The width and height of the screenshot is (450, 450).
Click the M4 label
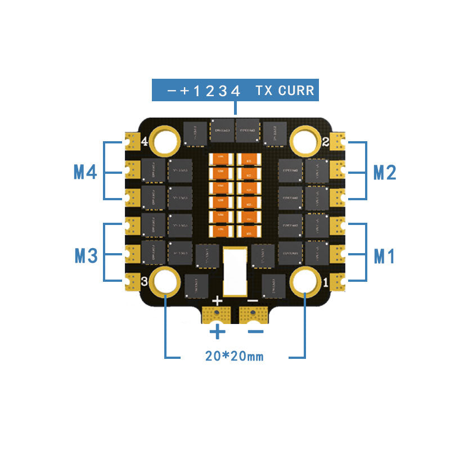tap(85, 172)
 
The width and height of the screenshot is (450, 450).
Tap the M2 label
tap(385, 172)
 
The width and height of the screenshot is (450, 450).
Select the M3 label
tap(86, 256)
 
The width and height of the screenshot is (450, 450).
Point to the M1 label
tap(385, 256)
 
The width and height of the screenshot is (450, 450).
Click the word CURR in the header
tap(296, 90)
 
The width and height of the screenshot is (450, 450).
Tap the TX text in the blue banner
tap(264, 90)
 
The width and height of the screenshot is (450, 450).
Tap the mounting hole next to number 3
tap(166, 282)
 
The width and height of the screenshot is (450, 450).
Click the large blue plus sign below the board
tap(217, 332)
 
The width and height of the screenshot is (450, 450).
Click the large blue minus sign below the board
tap(255, 332)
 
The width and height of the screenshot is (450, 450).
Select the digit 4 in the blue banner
tap(236, 91)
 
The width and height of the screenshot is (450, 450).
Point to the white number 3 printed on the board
tap(145, 281)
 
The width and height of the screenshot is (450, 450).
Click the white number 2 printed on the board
tap(326, 141)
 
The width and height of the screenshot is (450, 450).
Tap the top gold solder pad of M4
tap(133, 138)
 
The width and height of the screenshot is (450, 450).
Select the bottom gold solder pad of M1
tap(339, 280)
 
